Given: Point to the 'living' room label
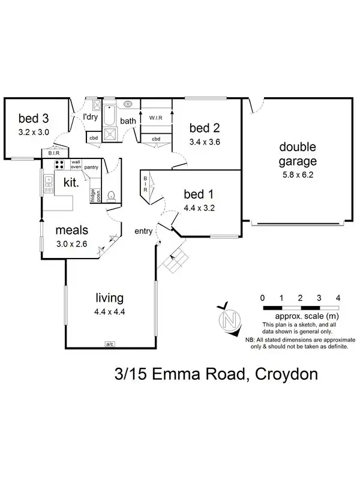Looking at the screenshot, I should coord(110,298).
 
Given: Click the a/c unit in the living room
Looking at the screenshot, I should coord(110,344).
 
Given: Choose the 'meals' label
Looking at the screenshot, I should coord(72,230).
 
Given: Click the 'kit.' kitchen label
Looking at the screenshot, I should coord(70,182).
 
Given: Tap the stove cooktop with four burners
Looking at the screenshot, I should coord(60,164).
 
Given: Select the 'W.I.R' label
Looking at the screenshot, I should coord(157,118).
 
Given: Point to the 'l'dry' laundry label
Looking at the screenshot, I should coord(90,116).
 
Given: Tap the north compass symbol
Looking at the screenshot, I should coord(227,319).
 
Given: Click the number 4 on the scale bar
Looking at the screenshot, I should coord(338,298).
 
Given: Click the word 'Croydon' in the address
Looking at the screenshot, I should coord(286,375).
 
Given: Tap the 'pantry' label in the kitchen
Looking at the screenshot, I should coord(91,167).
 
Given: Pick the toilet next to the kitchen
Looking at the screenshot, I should coord(110,196).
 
